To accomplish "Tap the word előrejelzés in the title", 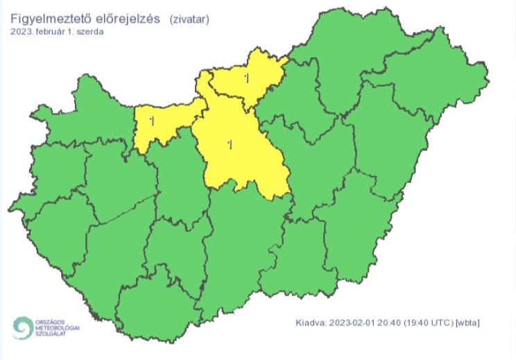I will click(x=128, y=19).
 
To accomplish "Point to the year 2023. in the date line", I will click(x=21, y=32).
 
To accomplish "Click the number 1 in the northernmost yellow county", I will click(x=247, y=78).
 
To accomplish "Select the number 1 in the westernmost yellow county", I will click(x=151, y=121).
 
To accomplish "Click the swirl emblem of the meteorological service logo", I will click(x=23, y=327).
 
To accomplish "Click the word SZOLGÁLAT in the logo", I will click(x=50, y=333).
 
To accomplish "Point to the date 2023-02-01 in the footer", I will click(x=355, y=323).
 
